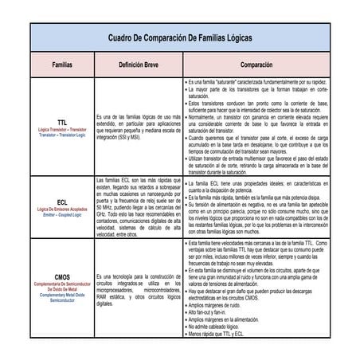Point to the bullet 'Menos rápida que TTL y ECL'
224,335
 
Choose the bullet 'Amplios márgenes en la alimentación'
232,321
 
